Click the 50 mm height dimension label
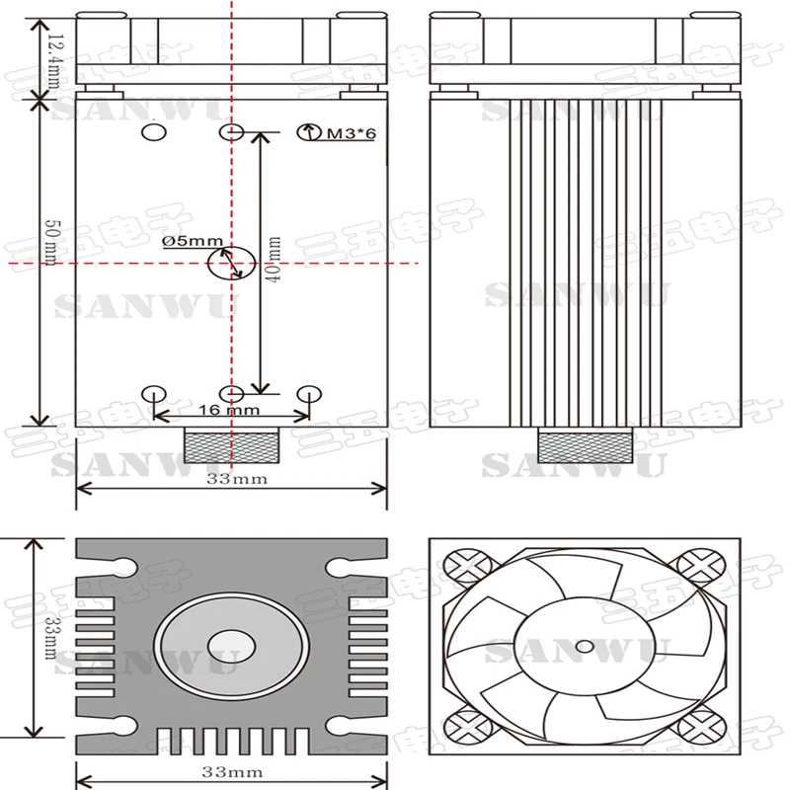[53, 242]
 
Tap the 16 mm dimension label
[229, 410]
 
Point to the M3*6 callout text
[352, 133]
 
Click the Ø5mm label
[193, 241]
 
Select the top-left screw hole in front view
[154, 132]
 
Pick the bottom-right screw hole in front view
[309, 394]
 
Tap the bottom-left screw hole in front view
[154, 394]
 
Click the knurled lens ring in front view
[232, 445]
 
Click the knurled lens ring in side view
[586, 445]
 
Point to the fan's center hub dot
[585, 646]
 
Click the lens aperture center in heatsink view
[232, 646]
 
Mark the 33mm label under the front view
[237, 479]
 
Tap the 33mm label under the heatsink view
[232, 772]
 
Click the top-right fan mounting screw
[700, 566]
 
